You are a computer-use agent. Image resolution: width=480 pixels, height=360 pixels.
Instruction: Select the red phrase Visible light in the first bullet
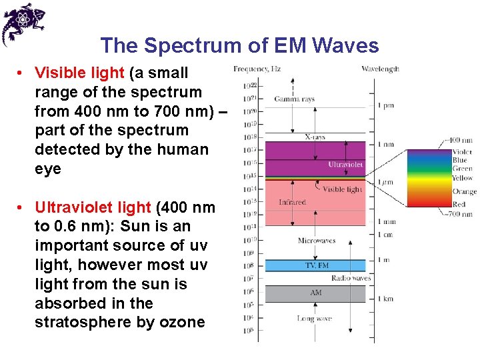tap(79, 73)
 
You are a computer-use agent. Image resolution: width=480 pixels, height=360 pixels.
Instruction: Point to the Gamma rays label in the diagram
tap(294, 99)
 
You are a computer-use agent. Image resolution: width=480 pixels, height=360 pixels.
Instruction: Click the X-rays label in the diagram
tap(315, 137)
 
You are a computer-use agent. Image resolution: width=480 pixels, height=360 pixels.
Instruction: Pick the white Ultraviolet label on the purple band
tap(346, 165)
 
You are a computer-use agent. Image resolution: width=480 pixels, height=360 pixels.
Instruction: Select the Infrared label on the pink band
tap(292, 202)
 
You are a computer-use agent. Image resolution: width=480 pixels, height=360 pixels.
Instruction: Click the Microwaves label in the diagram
tap(316, 241)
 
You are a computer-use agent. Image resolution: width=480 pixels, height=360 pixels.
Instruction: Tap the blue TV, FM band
tap(315, 265)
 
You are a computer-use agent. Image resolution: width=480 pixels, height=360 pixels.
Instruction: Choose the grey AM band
tap(315, 293)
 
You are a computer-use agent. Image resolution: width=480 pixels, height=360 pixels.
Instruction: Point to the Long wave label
tap(314, 319)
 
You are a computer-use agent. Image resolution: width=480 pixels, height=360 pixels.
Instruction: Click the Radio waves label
tap(350, 278)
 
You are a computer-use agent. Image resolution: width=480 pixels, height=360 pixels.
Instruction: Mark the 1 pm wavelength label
tap(385, 106)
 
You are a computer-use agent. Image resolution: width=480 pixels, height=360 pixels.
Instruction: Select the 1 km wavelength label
tap(386, 299)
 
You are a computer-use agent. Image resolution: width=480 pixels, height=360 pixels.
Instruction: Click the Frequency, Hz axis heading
tap(257, 69)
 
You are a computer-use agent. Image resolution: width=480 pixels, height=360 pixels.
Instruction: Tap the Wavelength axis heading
tap(380, 69)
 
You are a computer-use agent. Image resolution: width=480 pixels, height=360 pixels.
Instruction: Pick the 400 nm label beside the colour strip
tap(461, 141)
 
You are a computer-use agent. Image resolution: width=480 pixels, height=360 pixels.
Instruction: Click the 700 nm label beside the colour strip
tap(461, 214)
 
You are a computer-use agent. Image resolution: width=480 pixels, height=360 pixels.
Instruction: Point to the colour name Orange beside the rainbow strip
tap(463, 192)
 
